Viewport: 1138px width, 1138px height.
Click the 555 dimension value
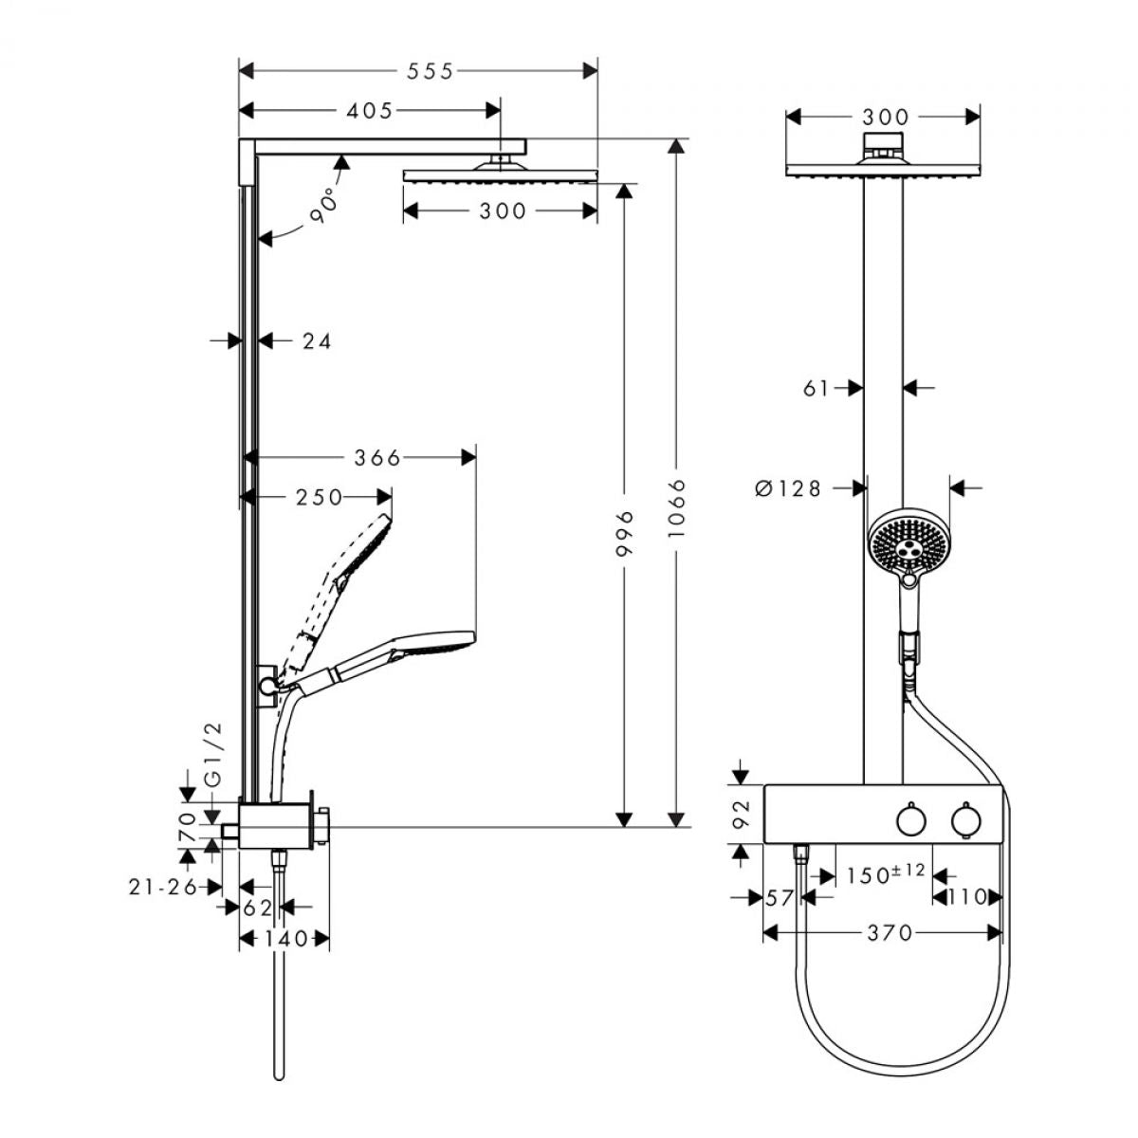430,71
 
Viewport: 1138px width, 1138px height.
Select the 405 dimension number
369,110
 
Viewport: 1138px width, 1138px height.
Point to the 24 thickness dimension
317,340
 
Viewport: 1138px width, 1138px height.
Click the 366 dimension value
377,457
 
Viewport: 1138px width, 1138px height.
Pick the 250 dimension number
319,497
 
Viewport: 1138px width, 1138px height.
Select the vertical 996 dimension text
624,533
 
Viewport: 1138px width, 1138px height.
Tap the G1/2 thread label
213,754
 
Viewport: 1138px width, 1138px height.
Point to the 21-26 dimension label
163,887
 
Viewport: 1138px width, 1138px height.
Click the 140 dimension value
284,939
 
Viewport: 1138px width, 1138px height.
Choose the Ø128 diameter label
788,488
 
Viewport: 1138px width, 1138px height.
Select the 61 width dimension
817,388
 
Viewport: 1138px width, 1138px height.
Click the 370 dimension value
890,933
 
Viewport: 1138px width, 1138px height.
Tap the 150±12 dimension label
886,873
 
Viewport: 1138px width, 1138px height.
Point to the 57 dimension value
779,898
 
